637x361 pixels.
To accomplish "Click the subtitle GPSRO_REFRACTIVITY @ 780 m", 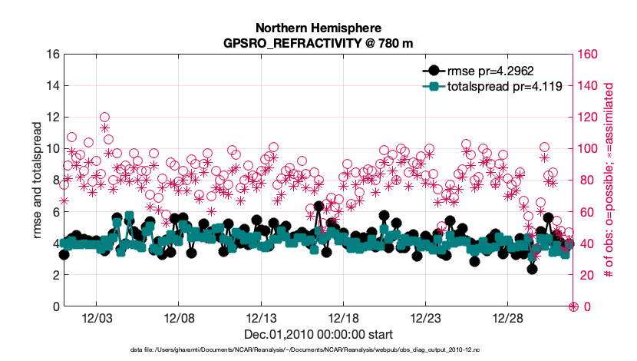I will click(x=317, y=44).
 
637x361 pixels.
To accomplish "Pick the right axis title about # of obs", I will click(x=612, y=180).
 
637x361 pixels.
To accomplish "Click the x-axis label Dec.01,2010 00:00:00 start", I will click(x=318, y=335).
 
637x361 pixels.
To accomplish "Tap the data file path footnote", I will click(x=318, y=350).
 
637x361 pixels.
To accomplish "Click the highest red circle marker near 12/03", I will click(x=104, y=118).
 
